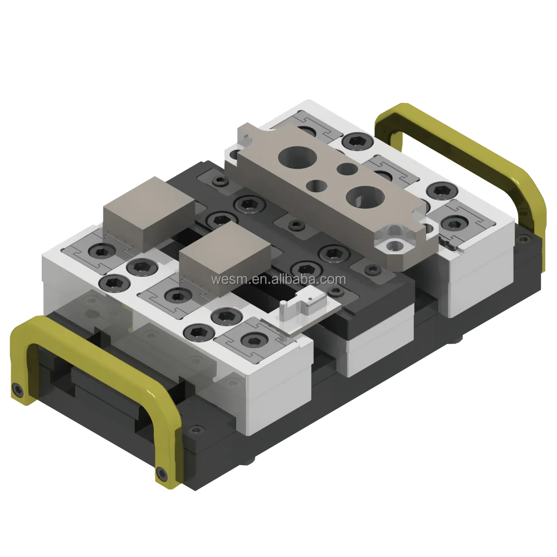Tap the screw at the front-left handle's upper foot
pyautogui.click(x=18, y=388)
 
